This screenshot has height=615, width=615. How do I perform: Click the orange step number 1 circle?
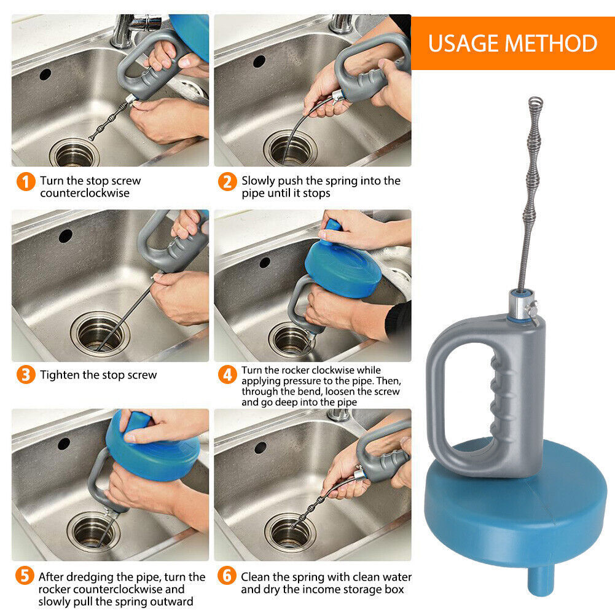click(26, 182)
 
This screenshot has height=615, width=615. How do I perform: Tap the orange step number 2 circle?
click(227, 182)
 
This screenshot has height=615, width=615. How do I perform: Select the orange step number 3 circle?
click(26, 375)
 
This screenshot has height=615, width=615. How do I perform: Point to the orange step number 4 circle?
click(227, 375)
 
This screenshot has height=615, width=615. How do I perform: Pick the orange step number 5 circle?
click(25, 576)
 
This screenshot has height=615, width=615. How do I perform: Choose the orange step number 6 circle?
click(227, 576)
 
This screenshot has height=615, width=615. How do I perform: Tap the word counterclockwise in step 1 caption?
click(85, 193)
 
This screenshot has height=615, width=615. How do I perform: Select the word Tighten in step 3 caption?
click(60, 375)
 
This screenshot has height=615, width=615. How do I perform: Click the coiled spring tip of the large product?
click(535, 103)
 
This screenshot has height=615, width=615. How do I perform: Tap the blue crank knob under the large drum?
click(541, 580)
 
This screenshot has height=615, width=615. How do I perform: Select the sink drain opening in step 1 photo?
click(74, 154)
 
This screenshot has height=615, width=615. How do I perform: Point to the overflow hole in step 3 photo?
click(66, 236)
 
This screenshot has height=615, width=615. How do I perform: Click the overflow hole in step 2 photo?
click(259, 61)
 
